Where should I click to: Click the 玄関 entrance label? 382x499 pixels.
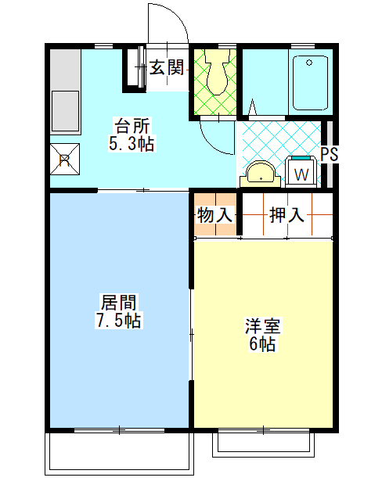(167, 68)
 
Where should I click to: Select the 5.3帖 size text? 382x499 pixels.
(131, 143)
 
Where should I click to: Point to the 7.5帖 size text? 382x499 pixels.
(118, 321)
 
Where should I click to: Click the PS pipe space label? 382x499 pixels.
(330, 154)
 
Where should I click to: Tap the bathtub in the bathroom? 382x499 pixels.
(308, 82)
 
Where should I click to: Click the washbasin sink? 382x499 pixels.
(261, 173)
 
